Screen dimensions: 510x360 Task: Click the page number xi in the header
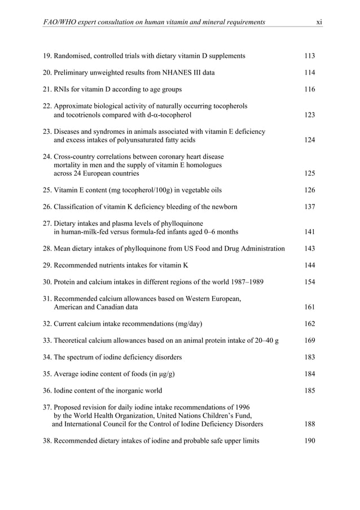[319, 21]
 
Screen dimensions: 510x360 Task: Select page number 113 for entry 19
[309, 56]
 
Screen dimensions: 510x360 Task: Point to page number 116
[309, 90]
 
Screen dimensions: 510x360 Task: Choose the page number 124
[309, 140]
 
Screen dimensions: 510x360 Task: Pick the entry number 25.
[48, 190]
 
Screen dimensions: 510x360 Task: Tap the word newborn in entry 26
[224, 207]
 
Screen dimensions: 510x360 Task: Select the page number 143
[309, 249]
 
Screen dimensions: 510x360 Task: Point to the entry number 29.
[48, 265]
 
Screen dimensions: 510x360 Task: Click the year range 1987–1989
[244, 282]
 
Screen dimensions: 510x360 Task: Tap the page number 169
[309, 341]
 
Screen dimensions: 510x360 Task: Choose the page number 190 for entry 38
[309, 441]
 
